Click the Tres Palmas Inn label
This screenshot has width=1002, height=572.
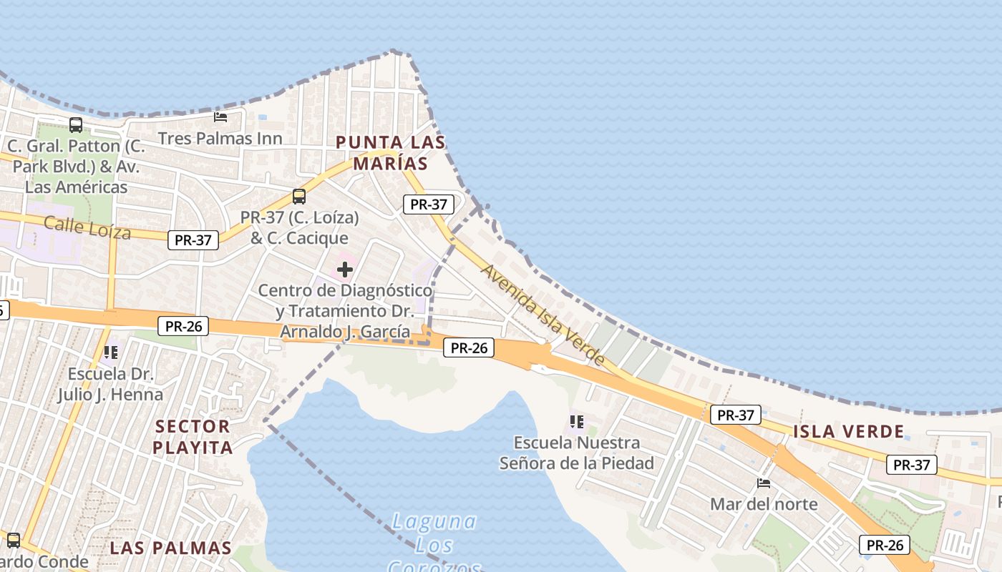tap(220, 138)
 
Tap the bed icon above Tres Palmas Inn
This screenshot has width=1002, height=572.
tap(220, 117)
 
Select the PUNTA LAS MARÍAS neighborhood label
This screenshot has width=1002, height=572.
tap(391, 153)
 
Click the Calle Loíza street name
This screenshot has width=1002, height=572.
tap(87, 227)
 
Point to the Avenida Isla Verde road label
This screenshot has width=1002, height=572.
tap(543, 315)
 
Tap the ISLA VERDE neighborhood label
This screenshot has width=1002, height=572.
tap(849, 431)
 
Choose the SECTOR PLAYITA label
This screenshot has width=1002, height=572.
tap(193, 437)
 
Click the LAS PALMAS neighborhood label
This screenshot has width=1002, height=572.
tap(171, 548)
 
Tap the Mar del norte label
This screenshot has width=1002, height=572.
tap(764, 504)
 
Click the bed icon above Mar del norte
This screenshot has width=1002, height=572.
tap(764, 483)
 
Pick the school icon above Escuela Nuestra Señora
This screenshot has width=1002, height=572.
tap(577, 422)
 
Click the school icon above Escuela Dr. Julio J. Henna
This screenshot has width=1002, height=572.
tap(110, 352)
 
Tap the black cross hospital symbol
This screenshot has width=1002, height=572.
tap(345, 270)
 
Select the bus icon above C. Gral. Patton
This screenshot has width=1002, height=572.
tap(76, 125)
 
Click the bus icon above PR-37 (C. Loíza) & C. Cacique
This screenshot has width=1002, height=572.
tap(299, 196)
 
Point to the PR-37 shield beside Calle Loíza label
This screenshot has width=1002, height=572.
tap(193, 240)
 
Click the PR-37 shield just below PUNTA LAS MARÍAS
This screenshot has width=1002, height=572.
tap(429, 204)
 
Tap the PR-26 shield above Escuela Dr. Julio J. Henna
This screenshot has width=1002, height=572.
tap(183, 327)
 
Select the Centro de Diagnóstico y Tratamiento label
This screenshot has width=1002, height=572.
tap(345, 311)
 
